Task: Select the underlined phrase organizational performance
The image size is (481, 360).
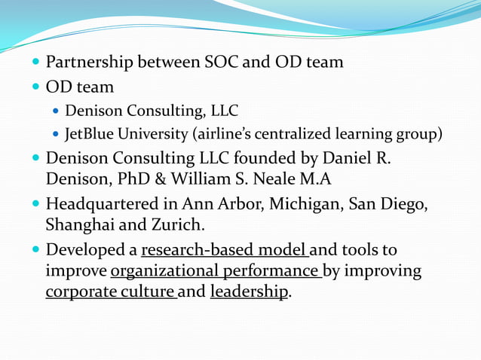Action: [216, 270]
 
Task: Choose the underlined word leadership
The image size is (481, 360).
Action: [249, 292]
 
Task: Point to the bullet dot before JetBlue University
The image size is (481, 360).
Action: [57, 136]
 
